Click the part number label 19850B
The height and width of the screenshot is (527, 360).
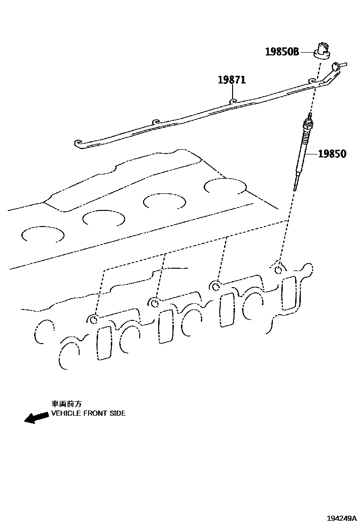click(x=282, y=52)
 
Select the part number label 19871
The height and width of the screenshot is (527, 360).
click(x=232, y=80)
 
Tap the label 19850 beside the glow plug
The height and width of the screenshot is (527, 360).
click(x=332, y=154)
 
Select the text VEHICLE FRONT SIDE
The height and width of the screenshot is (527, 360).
click(x=88, y=413)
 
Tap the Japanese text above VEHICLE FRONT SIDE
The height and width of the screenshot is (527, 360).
click(x=66, y=404)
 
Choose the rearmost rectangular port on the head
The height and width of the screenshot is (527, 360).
click(x=289, y=293)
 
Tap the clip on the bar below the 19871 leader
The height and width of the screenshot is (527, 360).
click(x=233, y=101)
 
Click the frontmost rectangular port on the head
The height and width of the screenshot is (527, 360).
click(x=104, y=343)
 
